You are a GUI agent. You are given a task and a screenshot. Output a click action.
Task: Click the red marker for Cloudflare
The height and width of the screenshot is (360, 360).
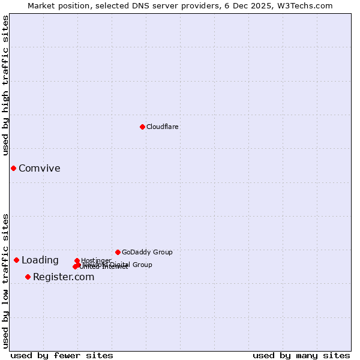point(142,127)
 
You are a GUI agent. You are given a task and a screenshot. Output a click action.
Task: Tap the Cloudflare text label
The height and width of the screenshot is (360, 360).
point(162,127)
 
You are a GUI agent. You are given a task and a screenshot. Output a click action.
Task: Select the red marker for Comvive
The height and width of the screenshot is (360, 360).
point(13,168)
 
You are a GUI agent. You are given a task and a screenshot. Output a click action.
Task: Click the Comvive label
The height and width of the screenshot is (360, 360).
point(39,168)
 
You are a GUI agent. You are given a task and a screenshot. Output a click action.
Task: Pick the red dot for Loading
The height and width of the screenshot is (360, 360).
point(16,260)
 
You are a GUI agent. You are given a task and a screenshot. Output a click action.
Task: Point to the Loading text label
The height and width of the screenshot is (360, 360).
point(40,260)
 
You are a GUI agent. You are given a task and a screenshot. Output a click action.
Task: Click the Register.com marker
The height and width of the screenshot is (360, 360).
point(28,277)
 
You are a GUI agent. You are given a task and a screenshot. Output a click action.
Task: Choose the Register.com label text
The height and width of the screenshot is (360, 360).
point(64,277)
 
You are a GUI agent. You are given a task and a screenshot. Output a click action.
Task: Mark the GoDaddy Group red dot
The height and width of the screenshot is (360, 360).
point(118,252)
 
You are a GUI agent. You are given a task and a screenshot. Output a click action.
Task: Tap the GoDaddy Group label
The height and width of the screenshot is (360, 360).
point(147,252)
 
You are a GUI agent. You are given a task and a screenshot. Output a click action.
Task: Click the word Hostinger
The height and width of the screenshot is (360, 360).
point(96,260)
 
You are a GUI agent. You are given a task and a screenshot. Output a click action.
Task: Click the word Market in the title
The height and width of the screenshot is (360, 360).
point(43,5)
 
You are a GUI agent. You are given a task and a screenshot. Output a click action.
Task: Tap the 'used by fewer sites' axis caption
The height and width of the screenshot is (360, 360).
point(62,355)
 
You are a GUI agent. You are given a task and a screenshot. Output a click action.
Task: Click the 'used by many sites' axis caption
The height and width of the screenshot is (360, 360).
point(301,355)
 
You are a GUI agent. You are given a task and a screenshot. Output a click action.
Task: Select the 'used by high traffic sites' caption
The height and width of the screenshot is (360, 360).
point(5,85)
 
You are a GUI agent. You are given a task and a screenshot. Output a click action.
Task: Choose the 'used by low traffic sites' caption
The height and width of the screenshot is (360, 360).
point(5,281)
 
